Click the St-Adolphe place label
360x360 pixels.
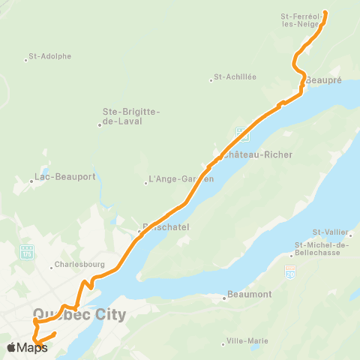(x=52, y=56)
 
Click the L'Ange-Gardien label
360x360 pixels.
(x=181, y=179)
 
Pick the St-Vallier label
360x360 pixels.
(x=329, y=232)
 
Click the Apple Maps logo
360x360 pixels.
(x=27, y=347)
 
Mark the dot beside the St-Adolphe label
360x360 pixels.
(x=26, y=59)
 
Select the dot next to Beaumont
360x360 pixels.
(x=223, y=298)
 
